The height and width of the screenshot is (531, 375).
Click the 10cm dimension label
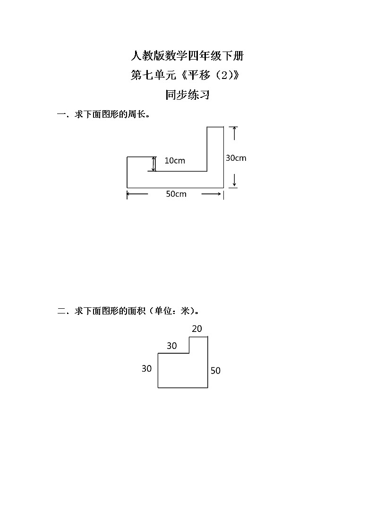pos(175,160)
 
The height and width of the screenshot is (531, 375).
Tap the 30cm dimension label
pos(236,158)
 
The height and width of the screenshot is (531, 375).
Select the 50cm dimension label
pos(176,194)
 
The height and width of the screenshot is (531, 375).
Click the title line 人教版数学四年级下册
pos(187,55)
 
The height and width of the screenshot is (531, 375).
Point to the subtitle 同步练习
pos(187,95)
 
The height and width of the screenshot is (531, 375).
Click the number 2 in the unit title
pos(224,75)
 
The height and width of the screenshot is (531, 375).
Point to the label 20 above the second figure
pos(197,329)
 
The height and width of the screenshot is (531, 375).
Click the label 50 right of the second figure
pos(215,371)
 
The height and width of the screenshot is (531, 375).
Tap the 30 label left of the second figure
pos(146,369)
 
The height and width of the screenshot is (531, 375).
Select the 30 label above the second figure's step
pos(172,346)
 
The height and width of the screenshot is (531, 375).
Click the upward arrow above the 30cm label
pos(234,133)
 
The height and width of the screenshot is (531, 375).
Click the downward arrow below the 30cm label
pos(234,180)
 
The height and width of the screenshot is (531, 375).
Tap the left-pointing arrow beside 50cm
pos(137,194)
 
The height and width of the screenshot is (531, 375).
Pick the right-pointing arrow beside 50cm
pos(211,194)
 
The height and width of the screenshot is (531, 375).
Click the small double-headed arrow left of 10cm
pos(154,164)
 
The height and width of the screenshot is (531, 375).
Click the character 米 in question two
pos(185,311)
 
